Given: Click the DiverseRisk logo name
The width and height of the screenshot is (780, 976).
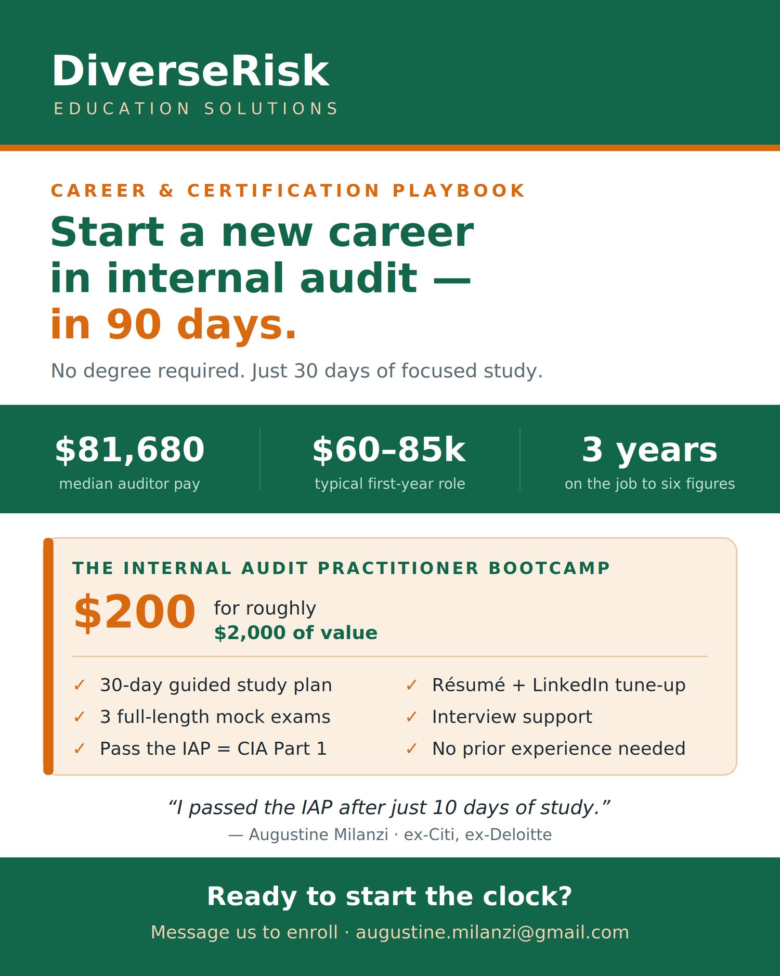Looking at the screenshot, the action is click(190, 71).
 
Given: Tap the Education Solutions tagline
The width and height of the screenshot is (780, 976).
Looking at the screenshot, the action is click(196, 109).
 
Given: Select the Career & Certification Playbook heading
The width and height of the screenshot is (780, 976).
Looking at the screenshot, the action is click(288, 191).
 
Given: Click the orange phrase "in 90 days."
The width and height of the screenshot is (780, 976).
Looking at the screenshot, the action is click(174, 324).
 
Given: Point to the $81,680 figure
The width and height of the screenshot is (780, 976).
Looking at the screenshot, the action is click(129, 449).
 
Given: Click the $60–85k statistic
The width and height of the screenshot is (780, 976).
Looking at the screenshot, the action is click(389, 449).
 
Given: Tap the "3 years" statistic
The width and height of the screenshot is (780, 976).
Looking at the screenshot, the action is click(649, 449).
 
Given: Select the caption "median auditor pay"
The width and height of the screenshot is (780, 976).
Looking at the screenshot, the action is click(129, 484).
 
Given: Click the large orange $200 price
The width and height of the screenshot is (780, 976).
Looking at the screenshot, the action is click(135, 613).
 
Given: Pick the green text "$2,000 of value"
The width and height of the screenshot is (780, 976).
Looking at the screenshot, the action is click(296, 632).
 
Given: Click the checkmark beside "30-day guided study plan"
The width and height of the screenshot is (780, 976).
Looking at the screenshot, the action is click(80, 685).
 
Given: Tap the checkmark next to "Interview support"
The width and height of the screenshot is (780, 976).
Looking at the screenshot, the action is click(412, 717).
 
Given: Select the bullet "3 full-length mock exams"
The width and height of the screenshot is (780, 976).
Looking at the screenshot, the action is click(215, 717).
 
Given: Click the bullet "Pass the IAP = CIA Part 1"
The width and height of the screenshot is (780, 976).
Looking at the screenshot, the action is click(213, 749).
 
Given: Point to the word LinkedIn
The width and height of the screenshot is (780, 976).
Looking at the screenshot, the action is click(570, 685).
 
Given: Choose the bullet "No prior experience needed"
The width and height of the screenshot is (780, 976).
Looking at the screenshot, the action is click(559, 749).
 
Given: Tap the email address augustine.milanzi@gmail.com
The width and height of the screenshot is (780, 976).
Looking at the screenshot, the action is click(492, 932).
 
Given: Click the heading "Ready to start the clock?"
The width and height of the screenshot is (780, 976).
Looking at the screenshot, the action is click(389, 896).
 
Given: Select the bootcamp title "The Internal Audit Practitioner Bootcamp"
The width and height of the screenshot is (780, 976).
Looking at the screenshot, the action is click(341, 568).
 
